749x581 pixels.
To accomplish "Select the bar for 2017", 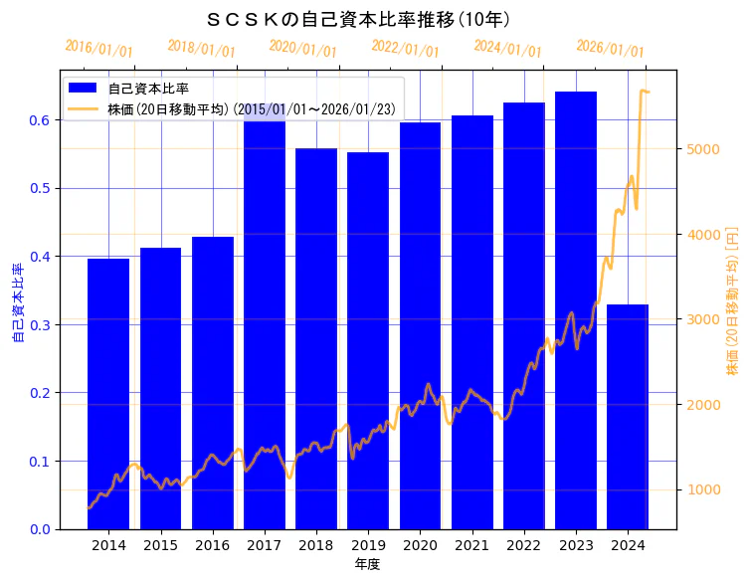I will [x=265, y=328].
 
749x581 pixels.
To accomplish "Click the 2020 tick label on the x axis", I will [x=420, y=545].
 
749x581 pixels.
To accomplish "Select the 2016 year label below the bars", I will [x=212, y=545].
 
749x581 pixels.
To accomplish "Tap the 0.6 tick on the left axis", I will [x=40, y=120].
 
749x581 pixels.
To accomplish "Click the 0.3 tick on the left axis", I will [x=40, y=324].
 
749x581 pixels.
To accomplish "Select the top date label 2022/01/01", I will [x=405, y=49].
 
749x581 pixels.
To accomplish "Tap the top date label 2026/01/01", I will [x=610, y=49].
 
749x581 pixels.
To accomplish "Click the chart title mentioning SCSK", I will [x=358, y=19].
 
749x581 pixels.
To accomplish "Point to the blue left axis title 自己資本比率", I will [x=17, y=302].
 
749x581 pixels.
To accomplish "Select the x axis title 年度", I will [x=367, y=564].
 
